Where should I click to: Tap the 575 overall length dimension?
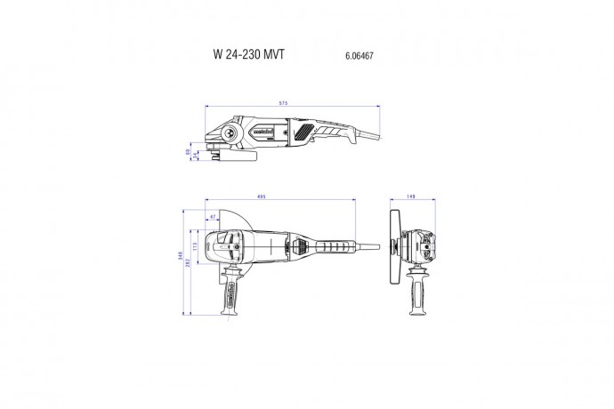[x=283, y=104]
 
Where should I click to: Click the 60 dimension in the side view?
[x=188, y=153]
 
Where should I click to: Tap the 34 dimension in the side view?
[x=195, y=156]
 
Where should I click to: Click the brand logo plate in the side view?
[x=263, y=132]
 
